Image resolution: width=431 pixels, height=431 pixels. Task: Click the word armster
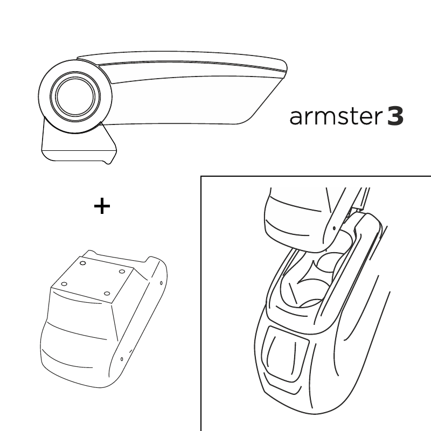tap(335, 117)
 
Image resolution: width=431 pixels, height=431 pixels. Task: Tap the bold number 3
tap(395, 116)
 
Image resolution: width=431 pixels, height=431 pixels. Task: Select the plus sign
tap(102, 206)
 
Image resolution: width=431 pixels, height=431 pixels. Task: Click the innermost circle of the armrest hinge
tap(75, 96)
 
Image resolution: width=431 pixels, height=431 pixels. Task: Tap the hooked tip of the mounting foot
tap(109, 162)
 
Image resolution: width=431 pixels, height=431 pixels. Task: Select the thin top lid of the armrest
tap(182, 57)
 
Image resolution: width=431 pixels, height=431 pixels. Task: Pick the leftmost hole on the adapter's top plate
tap(64, 284)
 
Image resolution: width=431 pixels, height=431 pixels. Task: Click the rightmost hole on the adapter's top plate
tap(122, 272)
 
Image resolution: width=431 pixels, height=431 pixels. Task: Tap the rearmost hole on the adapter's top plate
tap(82, 263)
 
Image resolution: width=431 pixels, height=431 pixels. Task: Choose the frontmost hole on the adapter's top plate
tap(107, 294)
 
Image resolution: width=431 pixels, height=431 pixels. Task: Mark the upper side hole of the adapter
tap(161, 283)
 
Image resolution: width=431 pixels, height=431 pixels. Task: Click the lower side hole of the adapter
tap(122, 359)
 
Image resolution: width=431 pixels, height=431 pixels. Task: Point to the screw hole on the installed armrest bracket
tap(334, 228)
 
